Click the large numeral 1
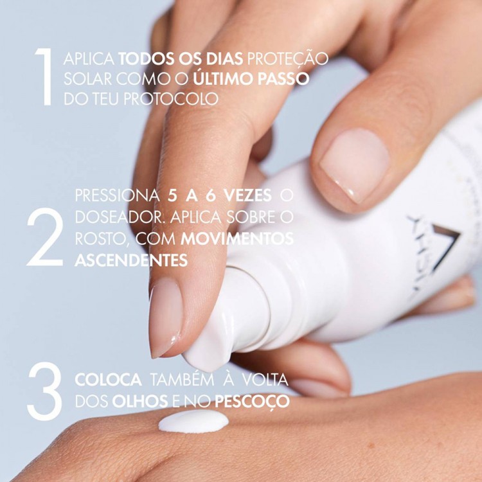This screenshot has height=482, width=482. click(45, 77)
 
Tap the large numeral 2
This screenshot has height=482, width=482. click(46, 237)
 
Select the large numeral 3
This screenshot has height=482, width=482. click(44, 391)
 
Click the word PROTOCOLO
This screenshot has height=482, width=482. click(171, 99)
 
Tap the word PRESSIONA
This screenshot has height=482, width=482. click(118, 195)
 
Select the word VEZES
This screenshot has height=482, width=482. click(248, 195)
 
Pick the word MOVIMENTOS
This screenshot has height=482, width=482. click(237, 239)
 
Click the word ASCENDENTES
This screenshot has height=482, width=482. click(131, 260)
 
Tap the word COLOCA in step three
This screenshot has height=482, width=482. click(108, 380)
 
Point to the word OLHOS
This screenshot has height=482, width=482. click(140, 401)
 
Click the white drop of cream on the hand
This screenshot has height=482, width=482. click(193, 421)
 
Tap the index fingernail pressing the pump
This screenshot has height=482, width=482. click(165, 317)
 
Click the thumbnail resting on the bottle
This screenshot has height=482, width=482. click(354, 165)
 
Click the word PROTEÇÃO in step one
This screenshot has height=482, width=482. click(288, 58)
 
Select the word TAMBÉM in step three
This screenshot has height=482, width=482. click(182, 379)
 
